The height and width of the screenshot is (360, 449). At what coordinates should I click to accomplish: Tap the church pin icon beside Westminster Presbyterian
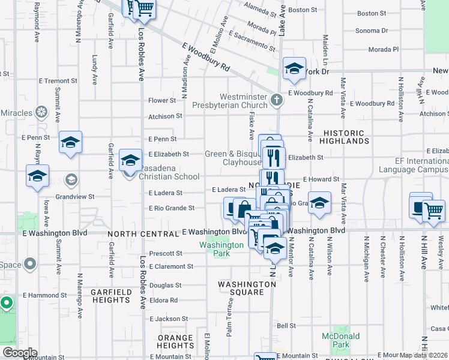(x=277, y=100)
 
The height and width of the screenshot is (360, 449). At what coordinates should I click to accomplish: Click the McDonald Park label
(x=336, y=340)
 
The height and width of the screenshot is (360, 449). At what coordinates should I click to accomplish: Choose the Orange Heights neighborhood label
(x=176, y=341)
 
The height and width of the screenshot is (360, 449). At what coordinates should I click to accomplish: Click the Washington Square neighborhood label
(x=247, y=288)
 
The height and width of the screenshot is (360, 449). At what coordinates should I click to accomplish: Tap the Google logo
(x=19, y=353)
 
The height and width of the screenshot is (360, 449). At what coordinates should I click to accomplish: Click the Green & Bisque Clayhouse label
(x=234, y=158)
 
